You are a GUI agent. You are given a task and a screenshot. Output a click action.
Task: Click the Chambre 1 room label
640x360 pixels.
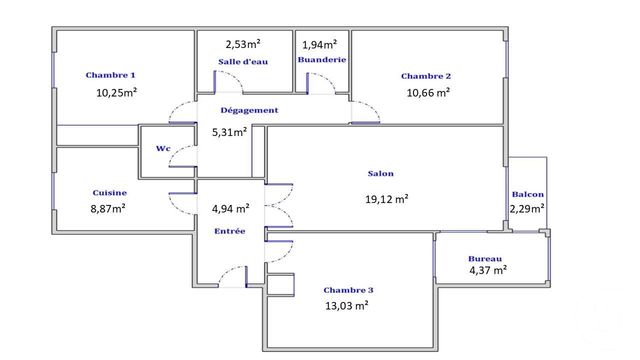[x=110, y=75]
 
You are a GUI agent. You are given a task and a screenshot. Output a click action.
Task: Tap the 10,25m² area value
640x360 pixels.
[x=116, y=92]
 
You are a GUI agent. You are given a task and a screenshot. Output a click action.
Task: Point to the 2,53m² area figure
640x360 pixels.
[x=243, y=44]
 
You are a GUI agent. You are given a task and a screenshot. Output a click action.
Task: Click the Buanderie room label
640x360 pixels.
[x=321, y=60]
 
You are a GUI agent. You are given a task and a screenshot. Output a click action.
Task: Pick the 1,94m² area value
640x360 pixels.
[x=320, y=44]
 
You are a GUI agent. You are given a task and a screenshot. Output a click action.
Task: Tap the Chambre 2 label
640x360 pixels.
[x=426, y=76]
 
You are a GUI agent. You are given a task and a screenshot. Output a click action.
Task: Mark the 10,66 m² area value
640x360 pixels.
[x=428, y=92]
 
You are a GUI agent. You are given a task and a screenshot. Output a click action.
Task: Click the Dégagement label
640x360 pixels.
[x=249, y=110]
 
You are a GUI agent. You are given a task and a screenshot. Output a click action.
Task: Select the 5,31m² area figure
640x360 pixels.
[x=229, y=131]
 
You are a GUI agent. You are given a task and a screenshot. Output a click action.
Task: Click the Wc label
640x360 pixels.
[x=162, y=149]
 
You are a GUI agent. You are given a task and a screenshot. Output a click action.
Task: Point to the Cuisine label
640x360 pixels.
[x=108, y=192]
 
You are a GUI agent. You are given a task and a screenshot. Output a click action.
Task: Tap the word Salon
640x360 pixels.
[x=381, y=174]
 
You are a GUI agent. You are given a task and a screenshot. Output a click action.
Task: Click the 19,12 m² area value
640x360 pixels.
[x=387, y=198]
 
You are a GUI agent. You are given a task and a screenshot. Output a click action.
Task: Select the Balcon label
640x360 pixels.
[x=527, y=194]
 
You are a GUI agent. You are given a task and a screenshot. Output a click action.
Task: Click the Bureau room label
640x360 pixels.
[x=485, y=257]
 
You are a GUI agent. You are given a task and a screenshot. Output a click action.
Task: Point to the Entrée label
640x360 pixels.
[x=229, y=231]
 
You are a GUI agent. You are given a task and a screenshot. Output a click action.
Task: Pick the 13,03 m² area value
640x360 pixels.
[x=347, y=306]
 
